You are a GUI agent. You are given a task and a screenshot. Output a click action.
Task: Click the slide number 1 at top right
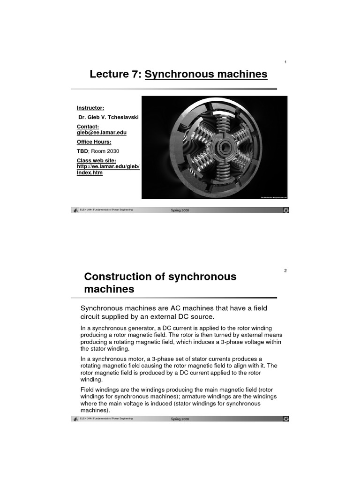pyautogui.click(x=285, y=62)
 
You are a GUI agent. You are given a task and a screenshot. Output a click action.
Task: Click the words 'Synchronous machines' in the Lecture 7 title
pyautogui.click(x=206, y=74)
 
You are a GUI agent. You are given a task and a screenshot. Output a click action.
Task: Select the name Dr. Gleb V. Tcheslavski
pyautogui.click(x=106, y=117)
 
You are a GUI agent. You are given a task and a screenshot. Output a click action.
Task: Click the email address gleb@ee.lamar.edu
pyautogui.click(x=102, y=133)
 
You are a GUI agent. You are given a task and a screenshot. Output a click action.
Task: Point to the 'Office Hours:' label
pyautogui.click(x=94, y=142)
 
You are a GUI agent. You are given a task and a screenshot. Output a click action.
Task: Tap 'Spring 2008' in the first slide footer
pyautogui.click(x=180, y=210)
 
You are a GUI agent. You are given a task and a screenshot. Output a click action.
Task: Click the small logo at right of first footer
pyautogui.click(x=285, y=210)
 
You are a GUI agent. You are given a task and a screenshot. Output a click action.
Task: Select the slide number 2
pyautogui.click(x=285, y=271)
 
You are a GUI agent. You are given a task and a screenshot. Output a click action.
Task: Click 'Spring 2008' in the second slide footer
pyautogui.click(x=180, y=419)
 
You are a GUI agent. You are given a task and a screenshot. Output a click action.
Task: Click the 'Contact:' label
pyautogui.click(x=88, y=127)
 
